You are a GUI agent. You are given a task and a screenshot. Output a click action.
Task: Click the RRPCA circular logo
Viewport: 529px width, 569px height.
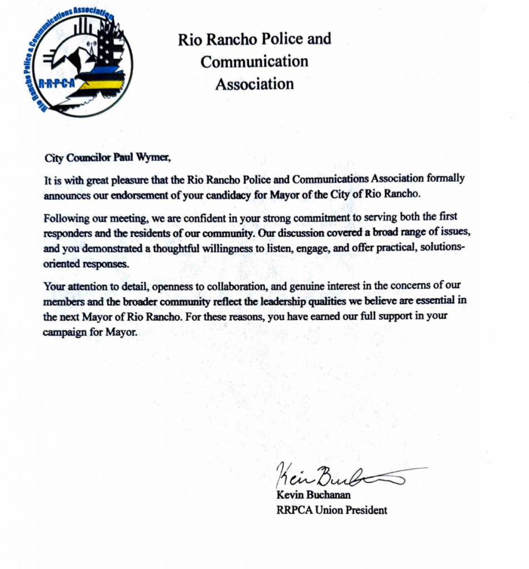coord(79,62)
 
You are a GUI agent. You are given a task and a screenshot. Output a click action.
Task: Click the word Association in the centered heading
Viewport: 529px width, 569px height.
coord(254,84)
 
